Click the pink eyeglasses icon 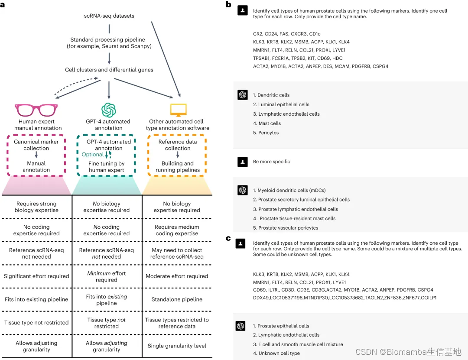pyautogui.click(x=36, y=110)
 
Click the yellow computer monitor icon pyautogui.click(x=178, y=110)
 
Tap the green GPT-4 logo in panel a pyautogui.click(x=108, y=110)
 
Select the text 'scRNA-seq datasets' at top pyautogui.click(x=109, y=16)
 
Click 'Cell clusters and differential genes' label pyautogui.click(x=109, y=70)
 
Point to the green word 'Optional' pyautogui.click(x=93, y=154)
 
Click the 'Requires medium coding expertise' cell pyautogui.click(x=177, y=230)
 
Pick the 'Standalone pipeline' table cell pyautogui.click(x=177, y=299)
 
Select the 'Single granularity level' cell pyautogui.click(x=177, y=346)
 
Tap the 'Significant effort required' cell pyautogui.click(x=36, y=276)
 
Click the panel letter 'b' pyautogui.click(x=228, y=4)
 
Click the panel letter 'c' pyautogui.click(x=228, y=238)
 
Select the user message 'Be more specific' pyautogui.click(x=272, y=162)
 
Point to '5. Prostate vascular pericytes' pyautogui.click(x=286, y=228)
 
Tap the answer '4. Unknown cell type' pyautogui.click(x=276, y=353)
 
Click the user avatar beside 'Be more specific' pyautogui.click(x=243, y=162)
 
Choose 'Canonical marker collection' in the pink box pyautogui.click(x=36, y=145)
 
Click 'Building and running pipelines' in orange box pyautogui.click(x=178, y=167)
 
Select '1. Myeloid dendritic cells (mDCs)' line pyautogui.click(x=289, y=190)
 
